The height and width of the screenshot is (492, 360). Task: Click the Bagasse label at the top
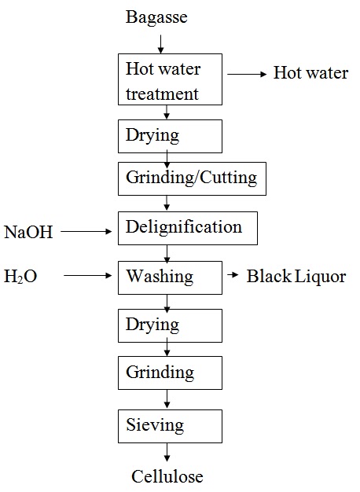tap(156, 17)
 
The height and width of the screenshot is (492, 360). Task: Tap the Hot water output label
tap(310, 74)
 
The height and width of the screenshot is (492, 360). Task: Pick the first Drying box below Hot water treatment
tap(170, 135)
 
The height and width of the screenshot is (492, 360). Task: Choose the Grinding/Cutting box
tap(191, 178)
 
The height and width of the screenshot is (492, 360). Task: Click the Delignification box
tap(187, 228)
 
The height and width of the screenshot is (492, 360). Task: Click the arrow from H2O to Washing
tap(90, 276)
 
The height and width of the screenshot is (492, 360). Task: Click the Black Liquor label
tap(296, 276)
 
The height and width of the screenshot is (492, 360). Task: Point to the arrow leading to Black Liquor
tap(233, 276)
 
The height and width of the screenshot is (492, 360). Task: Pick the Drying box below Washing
tap(170, 325)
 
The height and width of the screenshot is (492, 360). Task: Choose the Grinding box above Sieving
tap(170, 372)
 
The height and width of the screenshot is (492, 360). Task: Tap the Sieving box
tap(170, 426)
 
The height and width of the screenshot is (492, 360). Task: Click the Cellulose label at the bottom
tap(167, 476)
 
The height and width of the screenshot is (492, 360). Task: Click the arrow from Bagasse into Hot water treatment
tap(160, 43)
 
